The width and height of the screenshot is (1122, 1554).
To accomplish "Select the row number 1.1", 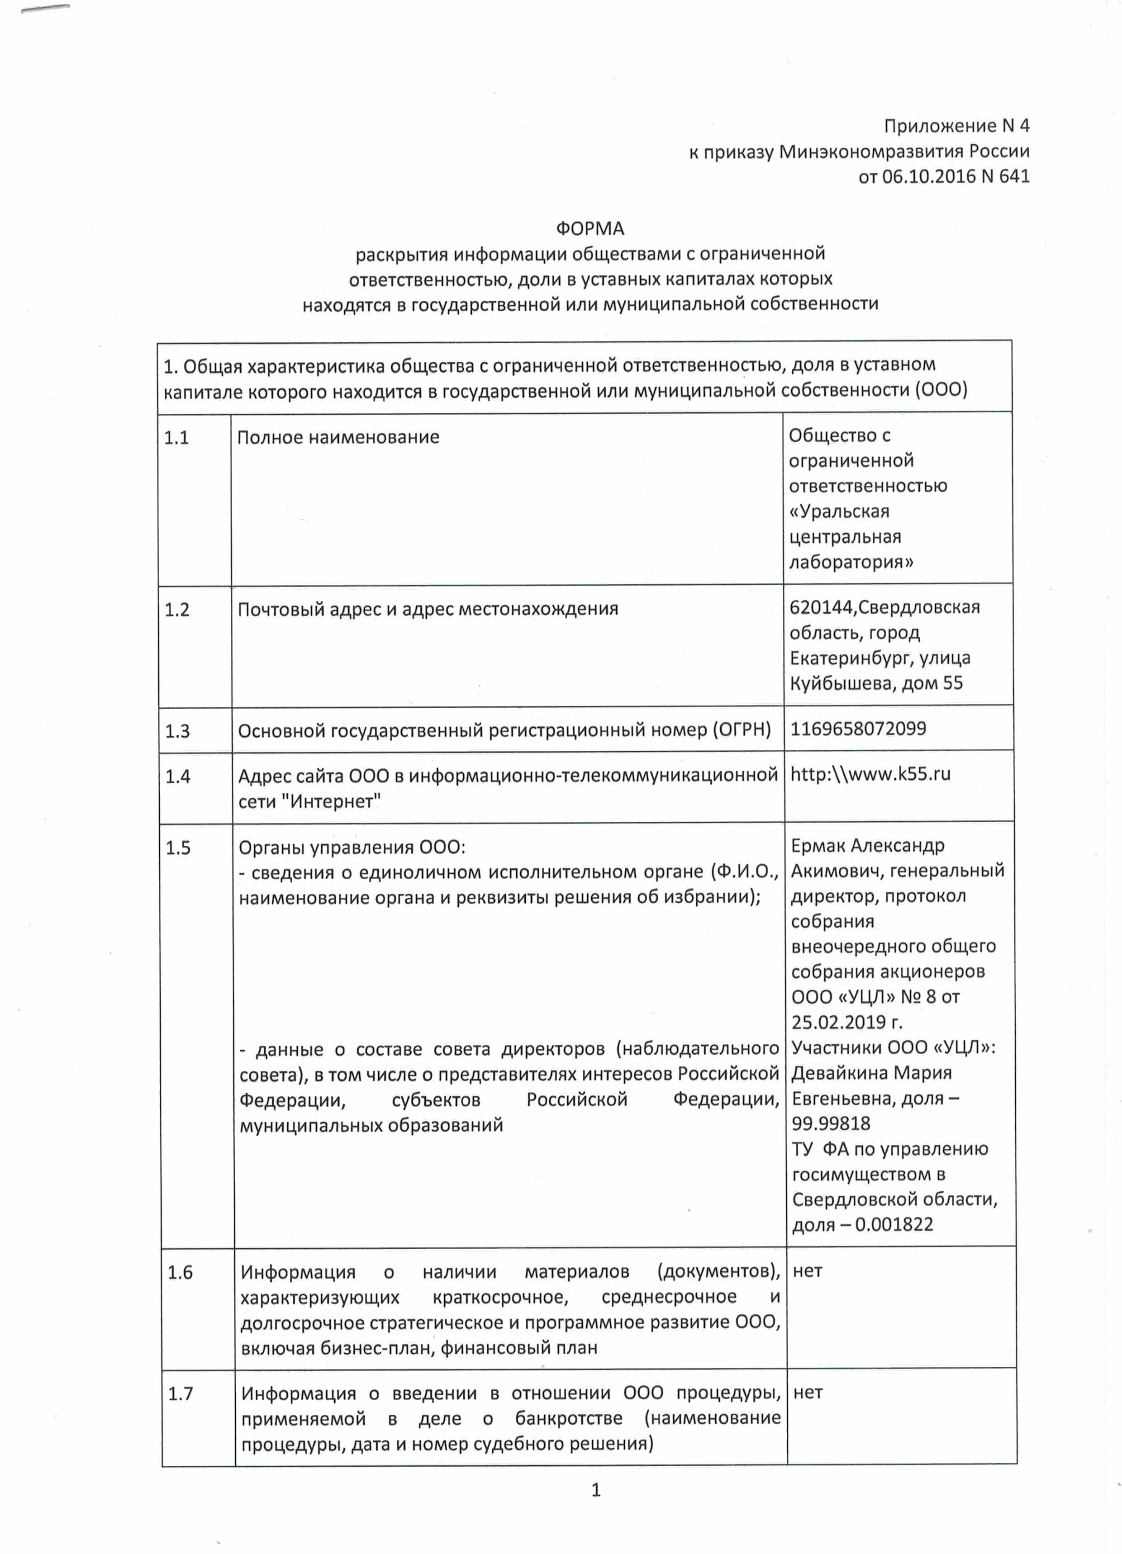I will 176,437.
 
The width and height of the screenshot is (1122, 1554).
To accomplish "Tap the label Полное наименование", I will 338,437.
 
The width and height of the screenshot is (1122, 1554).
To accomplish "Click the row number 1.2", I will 177,609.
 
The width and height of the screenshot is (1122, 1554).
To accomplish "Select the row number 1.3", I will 177,731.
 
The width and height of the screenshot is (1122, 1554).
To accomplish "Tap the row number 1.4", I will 177,776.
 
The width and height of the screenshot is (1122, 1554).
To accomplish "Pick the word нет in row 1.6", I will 808,1271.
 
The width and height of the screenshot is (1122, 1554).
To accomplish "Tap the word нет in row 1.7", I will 808,1392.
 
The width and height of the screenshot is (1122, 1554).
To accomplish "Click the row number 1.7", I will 181,1393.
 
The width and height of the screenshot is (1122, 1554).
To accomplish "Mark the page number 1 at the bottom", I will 596,1490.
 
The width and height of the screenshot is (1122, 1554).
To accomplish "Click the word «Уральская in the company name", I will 839,512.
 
